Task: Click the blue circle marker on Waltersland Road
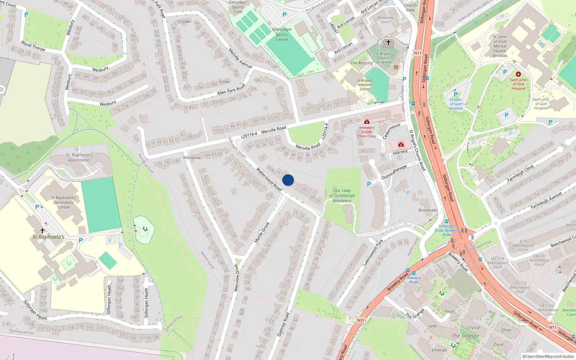point(288,180)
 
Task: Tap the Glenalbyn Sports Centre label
point(282,35)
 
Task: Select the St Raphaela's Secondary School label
point(63,202)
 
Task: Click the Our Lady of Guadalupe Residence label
point(342,195)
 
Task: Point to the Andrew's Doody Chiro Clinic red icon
point(366,122)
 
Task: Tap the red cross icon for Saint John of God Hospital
point(518,74)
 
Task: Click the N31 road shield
point(360,320)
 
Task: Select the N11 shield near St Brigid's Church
point(418,53)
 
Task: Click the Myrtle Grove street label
point(262,233)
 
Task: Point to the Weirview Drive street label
point(237,278)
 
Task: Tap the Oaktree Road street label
point(283,324)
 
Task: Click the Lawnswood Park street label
point(373,253)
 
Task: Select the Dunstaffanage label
point(394,172)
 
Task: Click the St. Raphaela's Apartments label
point(79,157)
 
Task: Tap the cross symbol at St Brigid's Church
point(388,42)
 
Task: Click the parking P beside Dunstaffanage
point(369,184)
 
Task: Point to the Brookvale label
point(428,210)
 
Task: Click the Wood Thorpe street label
point(33,46)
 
